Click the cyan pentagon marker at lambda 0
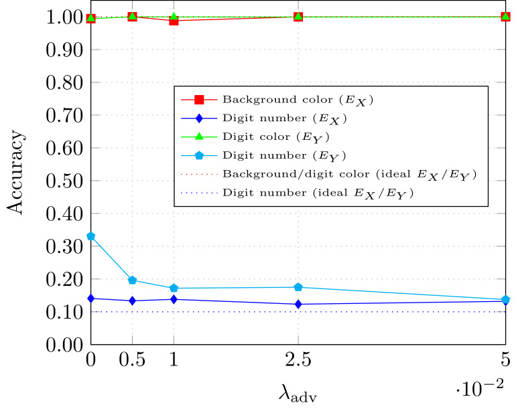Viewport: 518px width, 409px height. (x=90, y=236)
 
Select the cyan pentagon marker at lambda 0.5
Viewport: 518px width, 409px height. (x=132, y=280)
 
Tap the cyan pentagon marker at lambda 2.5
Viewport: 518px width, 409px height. (x=298, y=287)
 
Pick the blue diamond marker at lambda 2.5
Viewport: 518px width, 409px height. (x=298, y=304)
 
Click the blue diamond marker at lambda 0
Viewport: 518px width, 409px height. (x=90, y=299)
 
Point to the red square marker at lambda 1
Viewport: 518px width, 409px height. (x=174, y=21)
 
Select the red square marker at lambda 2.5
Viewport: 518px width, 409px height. (x=298, y=16)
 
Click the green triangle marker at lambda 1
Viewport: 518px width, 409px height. (x=174, y=17)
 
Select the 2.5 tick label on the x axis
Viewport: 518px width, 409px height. (x=298, y=361)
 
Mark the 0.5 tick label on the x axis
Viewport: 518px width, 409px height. (x=132, y=361)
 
